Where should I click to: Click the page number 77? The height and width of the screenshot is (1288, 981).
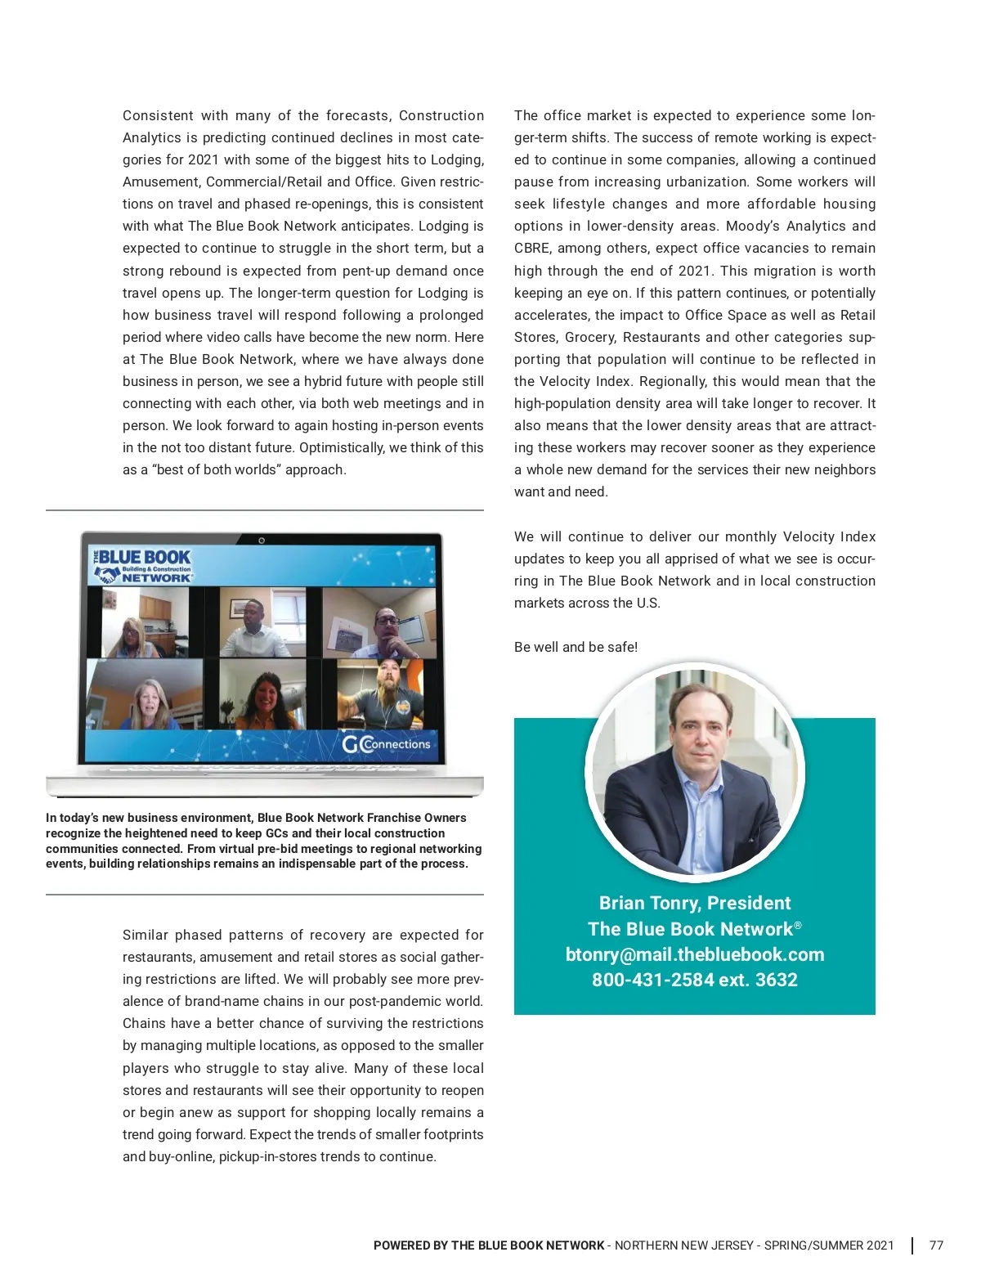click(x=936, y=1245)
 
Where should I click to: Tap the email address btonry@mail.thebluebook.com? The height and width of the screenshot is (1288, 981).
click(x=694, y=954)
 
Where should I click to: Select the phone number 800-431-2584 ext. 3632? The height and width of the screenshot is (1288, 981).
click(x=694, y=980)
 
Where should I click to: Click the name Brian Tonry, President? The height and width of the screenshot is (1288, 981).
click(x=694, y=903)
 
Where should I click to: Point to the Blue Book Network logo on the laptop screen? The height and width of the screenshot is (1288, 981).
click(x=144, y=566)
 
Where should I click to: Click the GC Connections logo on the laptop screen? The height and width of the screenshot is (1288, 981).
click(x=386, y=744)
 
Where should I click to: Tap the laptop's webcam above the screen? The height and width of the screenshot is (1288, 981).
click(x=262, y=540)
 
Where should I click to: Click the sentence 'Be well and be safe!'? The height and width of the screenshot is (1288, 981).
click(x=576, y=647)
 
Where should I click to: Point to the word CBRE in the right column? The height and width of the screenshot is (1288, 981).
click(x=531, y=249)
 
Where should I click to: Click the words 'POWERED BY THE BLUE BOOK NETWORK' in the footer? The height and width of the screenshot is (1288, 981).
click(x=489, y=1245)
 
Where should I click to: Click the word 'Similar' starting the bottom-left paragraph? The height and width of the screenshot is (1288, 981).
click(x=145, y=935)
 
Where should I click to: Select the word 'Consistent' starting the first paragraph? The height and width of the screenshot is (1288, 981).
click(x=158, y=116)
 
